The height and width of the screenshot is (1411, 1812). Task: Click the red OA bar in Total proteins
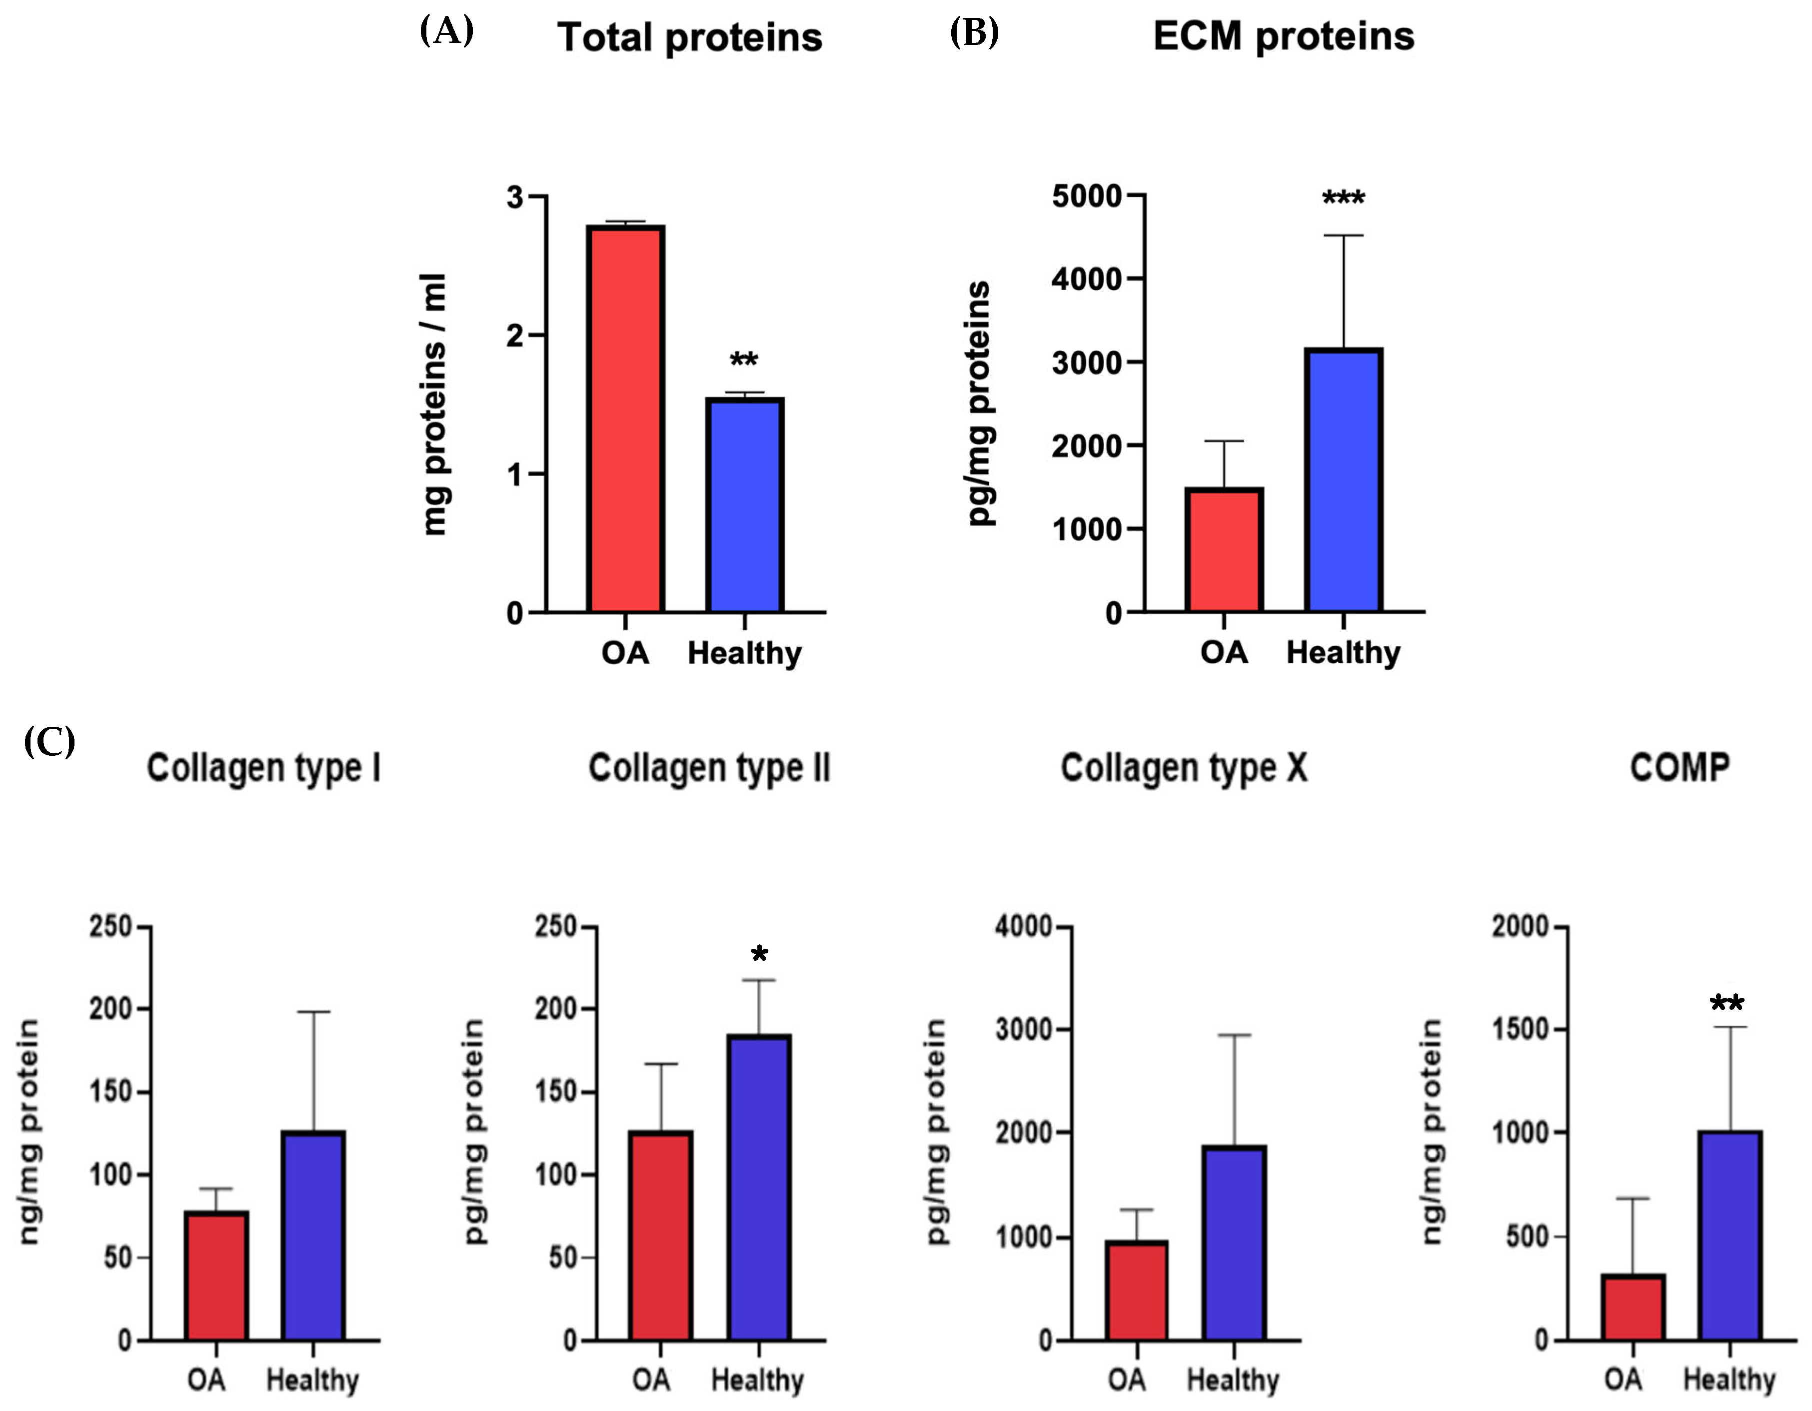[x=625, y=419]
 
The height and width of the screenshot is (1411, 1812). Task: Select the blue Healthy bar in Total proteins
[x=744, y=506]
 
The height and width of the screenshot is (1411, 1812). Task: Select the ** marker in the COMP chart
[x=1728, y=1004]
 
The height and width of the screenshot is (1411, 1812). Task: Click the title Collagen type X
[x=1184, y=768]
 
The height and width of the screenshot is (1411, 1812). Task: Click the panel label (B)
[x=974, y=33]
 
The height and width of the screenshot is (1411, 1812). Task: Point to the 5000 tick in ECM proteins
[x=1087, y=196]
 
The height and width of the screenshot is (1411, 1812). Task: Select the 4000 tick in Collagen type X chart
[x=1023, y=926]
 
